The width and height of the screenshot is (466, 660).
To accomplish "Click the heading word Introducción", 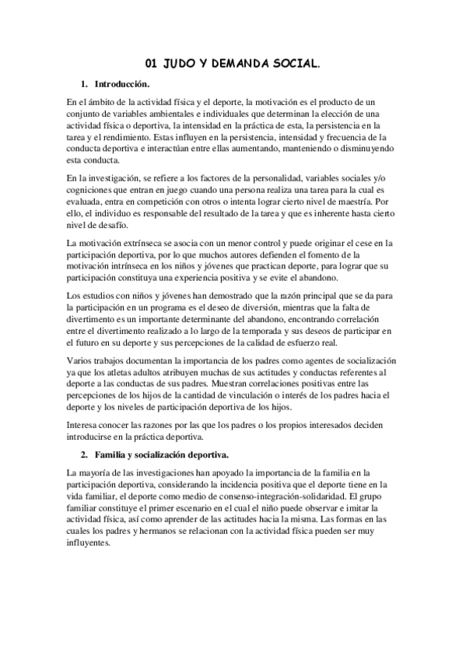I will pos(122,83).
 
